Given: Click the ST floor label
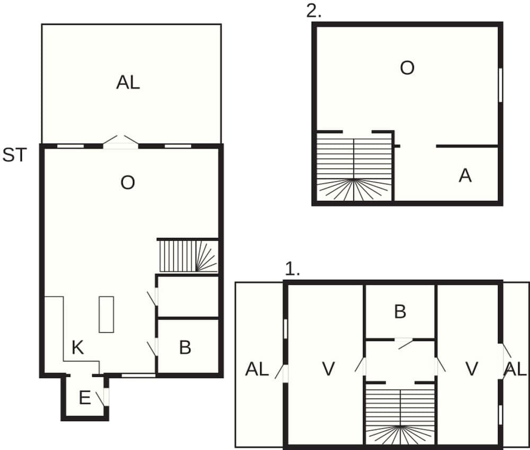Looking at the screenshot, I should click(14, 155).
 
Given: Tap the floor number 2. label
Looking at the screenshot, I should click(314, 11).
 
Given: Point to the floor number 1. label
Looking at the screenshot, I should click(293, 269).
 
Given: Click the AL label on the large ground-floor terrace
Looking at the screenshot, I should click(128, 83).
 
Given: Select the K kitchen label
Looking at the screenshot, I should click(77, 348).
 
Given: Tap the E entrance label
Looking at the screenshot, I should click(84, 398).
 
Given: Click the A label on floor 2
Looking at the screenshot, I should click(465, 176).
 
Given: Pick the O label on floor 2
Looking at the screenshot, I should click(407, 68).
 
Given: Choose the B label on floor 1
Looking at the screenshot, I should click(400, 312).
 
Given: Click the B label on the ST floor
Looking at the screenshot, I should click(185, 348).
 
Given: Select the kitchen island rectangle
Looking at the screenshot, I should click(106, 314).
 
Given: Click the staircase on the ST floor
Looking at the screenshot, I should click(188, 256).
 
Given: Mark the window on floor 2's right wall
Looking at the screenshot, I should click(500, 84).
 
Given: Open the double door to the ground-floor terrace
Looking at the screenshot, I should click(121, 142).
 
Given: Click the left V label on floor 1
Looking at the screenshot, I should click(329, 369).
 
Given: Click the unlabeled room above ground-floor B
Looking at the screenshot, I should click(188, 296).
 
